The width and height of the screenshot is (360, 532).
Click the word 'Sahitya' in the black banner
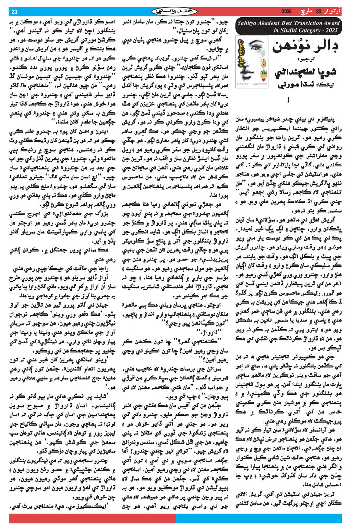pyautogui.click(x=250, y=23)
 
